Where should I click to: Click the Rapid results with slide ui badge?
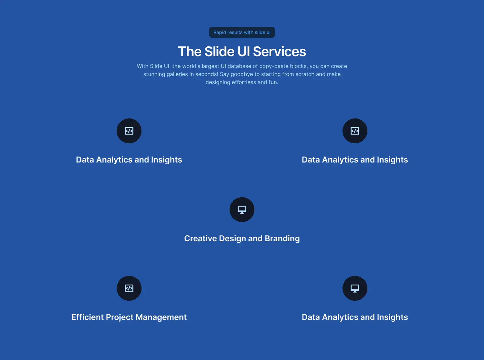coord(242,32)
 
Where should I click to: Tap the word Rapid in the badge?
coord(220,32)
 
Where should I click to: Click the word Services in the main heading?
coord(279,51)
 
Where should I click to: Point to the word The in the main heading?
coord(190,51)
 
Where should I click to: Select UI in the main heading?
coord(244,51)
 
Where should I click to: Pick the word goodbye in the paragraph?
coord(242,74)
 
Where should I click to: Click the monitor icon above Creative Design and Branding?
coord(242,210)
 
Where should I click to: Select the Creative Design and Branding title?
coord(242,239)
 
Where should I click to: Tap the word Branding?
coord(282,239)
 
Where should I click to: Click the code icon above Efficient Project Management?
coord(129,288)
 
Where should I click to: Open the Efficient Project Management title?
coord(129,317)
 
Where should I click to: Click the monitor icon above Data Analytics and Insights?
coord(355,288)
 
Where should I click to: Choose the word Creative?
coord(200,239)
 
